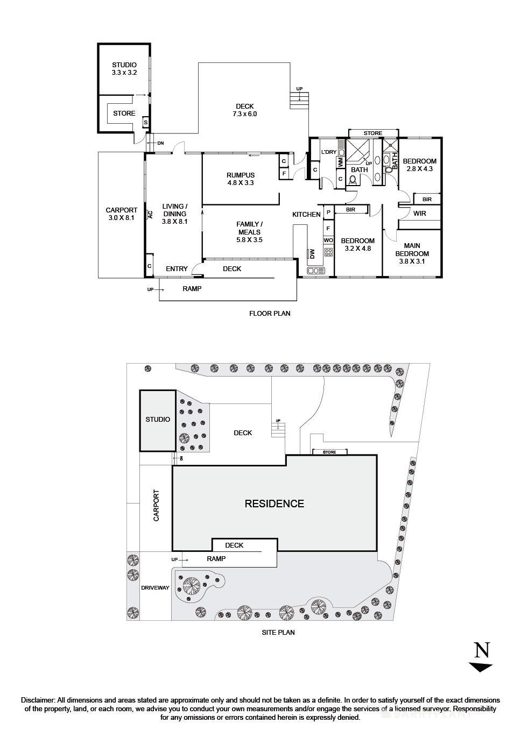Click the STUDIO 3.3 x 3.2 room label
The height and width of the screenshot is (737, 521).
[x=124, y=68]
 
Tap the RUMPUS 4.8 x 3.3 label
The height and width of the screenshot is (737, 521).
[x=240, y=179]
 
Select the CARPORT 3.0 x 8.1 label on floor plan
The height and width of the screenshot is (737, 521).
[x=121, y=214]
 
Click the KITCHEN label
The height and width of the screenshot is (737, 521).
[x=306, y=215]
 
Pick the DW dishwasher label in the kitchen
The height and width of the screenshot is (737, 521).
[x=311, y=253]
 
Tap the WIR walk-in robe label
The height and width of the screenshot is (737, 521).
[x=420, y=214]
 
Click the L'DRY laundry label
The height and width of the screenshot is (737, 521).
[x=329, y=152]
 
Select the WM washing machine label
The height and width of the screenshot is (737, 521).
[x=341, y=162]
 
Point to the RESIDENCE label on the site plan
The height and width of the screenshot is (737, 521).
[x=274, y=504]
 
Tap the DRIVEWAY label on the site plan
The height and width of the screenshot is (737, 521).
[x=155, y=588]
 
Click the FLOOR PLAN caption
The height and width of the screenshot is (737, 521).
[x=270, y=313]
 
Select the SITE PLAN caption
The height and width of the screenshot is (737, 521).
[x=278, y=632]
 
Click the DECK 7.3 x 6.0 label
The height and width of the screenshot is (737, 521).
[x=244, y=110]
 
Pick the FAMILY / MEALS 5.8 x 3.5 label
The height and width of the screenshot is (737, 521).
[x=249, y=232]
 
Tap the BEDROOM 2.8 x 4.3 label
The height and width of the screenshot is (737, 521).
[x=419, y=165]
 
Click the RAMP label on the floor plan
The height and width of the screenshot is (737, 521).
[x=192, y=289]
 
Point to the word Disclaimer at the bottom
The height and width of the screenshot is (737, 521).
[x=38, y=700]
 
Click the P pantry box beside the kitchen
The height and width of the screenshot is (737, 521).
[x=328, y=212]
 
